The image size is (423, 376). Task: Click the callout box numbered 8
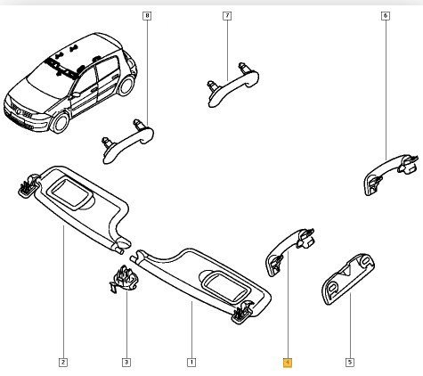coord(147,15)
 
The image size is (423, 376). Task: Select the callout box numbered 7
coord(227,15)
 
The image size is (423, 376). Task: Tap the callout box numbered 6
coord(386,15)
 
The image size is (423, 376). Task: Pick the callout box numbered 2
coord(63,363)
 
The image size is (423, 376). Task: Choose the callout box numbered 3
coord(126,363)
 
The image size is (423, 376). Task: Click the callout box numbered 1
coord(191,363)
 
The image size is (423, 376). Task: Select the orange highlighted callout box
coord(288,363)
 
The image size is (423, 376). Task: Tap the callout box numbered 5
coord(350,363)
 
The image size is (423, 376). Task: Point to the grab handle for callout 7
coord(233,86)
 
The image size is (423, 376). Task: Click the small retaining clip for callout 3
coord(125,279)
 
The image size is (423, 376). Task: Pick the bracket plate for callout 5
coord(348,279)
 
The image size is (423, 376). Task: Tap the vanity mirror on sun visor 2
coord(71,193)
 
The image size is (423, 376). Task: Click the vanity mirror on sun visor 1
coord(226,288)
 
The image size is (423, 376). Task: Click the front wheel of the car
coord(61,123)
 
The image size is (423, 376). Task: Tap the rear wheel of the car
coord(126,85)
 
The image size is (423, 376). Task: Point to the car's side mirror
coord(76,95)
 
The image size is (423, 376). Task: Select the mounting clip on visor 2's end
coord(28,185)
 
